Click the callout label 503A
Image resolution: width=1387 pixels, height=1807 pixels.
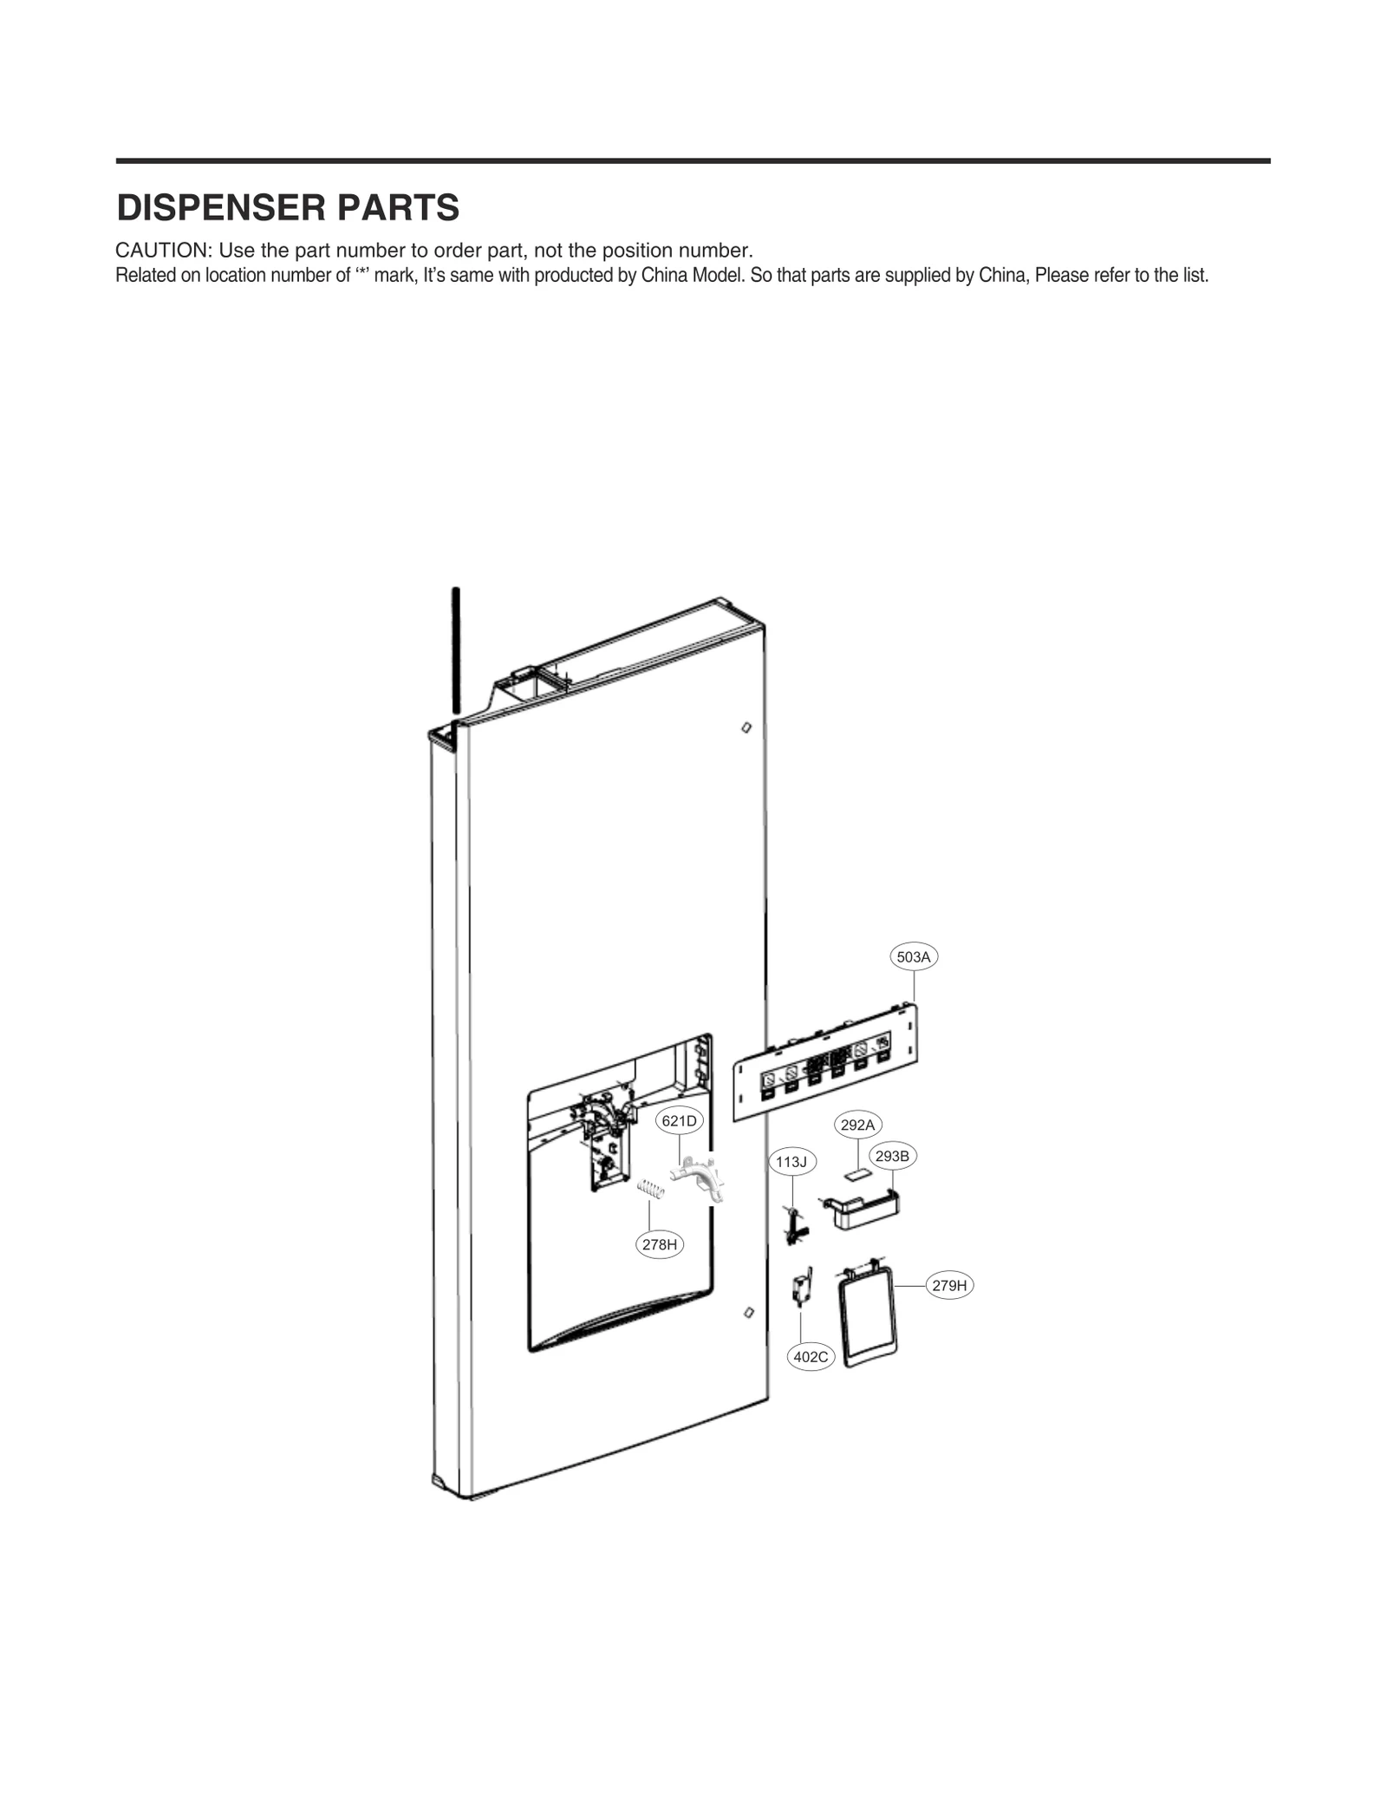coord(913,957)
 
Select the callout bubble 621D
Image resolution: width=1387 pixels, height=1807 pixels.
coord(679,1121)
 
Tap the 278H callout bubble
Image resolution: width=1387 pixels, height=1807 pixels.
coord(660,1245)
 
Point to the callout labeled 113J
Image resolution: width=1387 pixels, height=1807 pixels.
coord(791,1162)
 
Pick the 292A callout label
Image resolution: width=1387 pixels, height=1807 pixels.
coord(857,1125)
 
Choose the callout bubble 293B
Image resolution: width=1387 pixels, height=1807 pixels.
coord(892,1156)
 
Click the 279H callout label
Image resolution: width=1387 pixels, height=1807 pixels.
coord(949,1286)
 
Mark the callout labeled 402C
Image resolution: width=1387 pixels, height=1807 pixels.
coord(811,1357)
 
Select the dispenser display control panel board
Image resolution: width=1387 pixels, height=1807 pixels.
coord(824,1064)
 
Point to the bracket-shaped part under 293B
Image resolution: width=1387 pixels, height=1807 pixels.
coord(863,1209)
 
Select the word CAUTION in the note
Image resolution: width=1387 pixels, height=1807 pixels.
coord(163,251)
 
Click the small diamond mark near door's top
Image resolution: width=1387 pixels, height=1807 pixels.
coord(746,727)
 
